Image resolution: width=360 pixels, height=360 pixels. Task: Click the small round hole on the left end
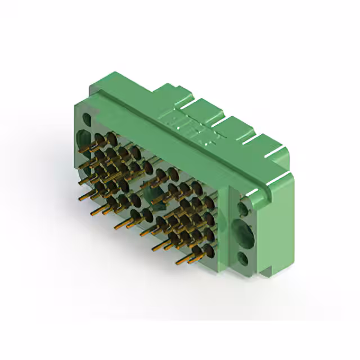[x=87, y=119]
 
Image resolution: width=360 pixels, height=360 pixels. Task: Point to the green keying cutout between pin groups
[x=154, y=195]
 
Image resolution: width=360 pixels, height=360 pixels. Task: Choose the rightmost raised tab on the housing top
[x=264, y=138]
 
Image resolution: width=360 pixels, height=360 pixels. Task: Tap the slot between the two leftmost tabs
[x=189, y=100]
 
